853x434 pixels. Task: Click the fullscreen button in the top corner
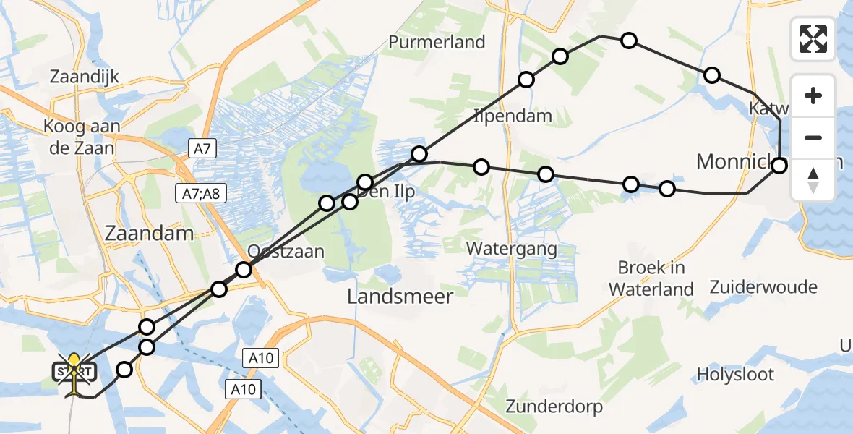click(x=813, y=39)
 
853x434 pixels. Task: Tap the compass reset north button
click(x=813, y=180)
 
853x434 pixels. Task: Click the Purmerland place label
click(x=437, y=42)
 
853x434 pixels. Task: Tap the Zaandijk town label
click(x=85, y=77)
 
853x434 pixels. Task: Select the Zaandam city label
click(x=149, y=233)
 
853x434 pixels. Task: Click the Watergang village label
click(x=511, y=249)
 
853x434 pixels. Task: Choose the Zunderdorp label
click(x=554, y=407)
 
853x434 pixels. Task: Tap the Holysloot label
click(x=735, y=375)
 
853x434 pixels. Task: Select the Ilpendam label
click(x=513, y=116)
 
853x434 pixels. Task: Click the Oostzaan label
click(x=286, y=252)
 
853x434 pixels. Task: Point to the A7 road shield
click(x=202, y=149)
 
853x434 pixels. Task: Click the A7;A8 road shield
click(x=202, y=194)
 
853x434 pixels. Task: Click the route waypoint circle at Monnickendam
click(x=779, y=166)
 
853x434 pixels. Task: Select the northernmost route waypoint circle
click(x=629, y=41)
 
